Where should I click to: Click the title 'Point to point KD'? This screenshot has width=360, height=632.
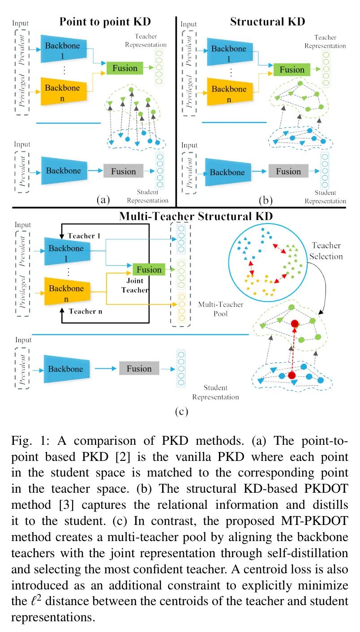click(105, 22)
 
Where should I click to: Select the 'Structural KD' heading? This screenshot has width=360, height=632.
click(267, 22)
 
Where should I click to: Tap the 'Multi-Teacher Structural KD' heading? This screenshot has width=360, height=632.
click(196, 216)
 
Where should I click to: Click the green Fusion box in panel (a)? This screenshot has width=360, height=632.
click(125, 68)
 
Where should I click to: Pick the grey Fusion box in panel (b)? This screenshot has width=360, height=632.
click(288, 171)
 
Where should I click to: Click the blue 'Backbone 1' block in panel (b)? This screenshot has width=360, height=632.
click(230, 52)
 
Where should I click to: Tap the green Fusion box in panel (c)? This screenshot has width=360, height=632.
click(149, 270)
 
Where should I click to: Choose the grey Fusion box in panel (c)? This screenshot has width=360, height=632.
click(139, 368)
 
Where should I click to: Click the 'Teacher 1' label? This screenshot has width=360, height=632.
click(84, 236)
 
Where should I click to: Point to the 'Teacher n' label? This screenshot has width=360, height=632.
click(86, 311)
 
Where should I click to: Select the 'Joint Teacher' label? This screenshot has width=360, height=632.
click(135, 285)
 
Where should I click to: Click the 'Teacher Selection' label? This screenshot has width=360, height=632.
click(326, 251)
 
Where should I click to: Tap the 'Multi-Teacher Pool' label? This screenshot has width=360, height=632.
click(221, 309)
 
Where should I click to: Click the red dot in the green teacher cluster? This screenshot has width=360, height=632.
click(295, 324)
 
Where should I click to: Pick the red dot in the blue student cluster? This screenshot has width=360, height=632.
click(292, 375)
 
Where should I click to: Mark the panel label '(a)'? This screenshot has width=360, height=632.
click(103, 200)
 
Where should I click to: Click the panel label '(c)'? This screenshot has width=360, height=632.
click(181, 411)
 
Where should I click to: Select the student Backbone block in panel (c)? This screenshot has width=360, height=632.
click(67, 369)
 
